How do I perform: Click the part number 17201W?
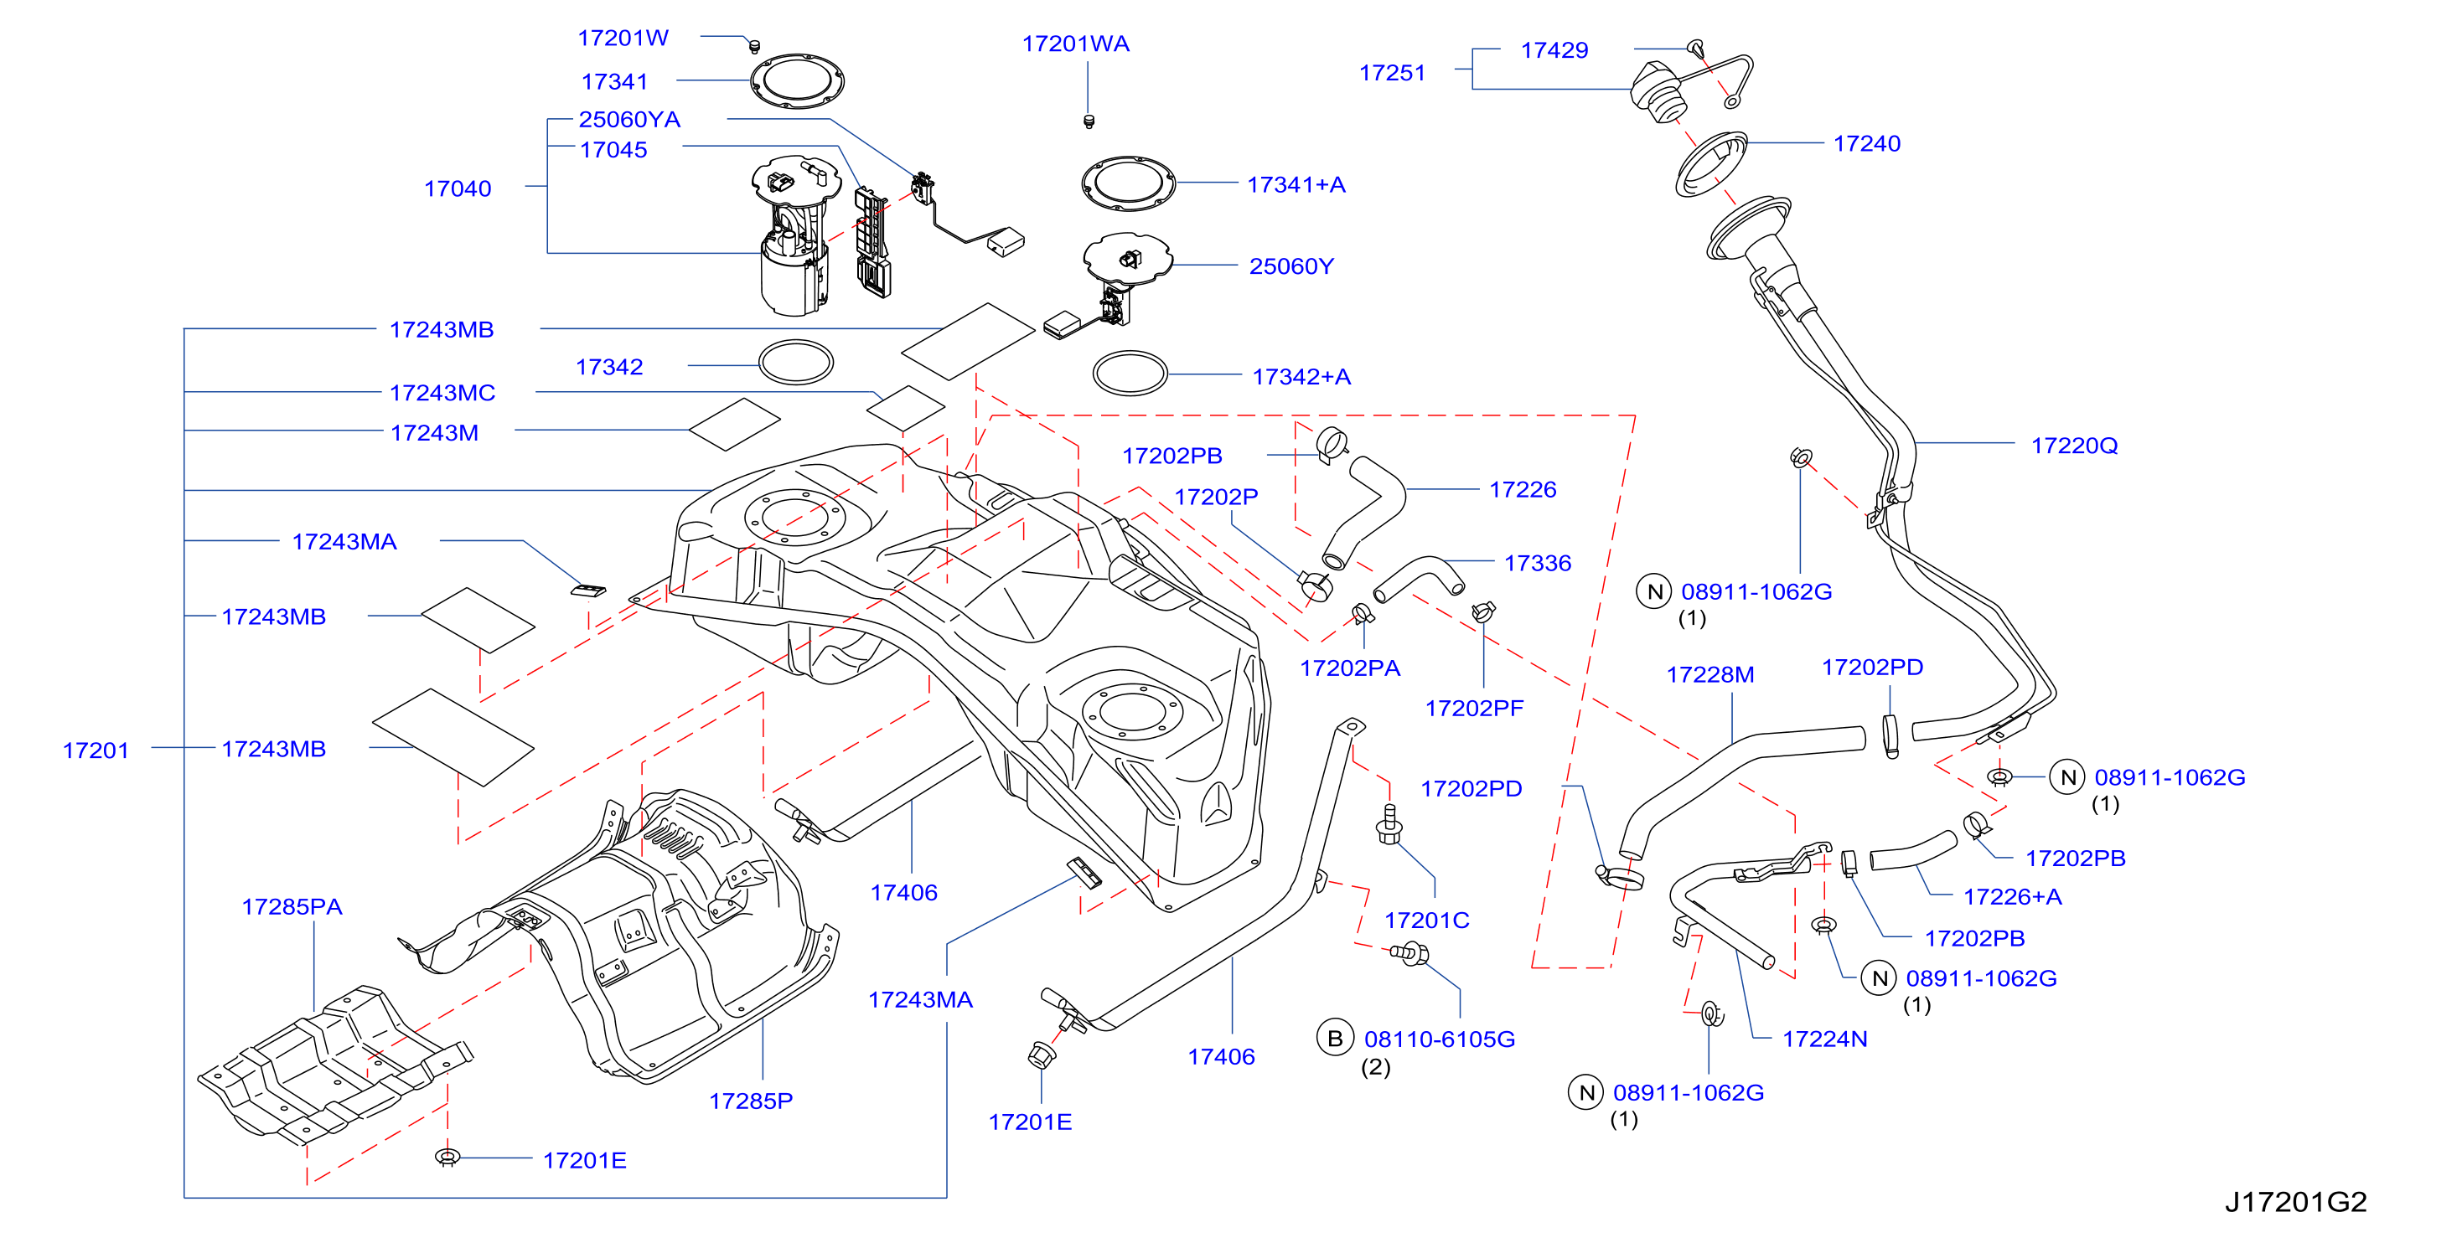tap(623, 39)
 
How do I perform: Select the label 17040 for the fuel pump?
tap(458, 188)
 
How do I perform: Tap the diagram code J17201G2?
tap(2296, 1202)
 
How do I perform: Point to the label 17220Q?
tap(2074, 446)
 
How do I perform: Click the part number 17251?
tap(1393, 73)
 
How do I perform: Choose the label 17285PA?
tap(292, 905)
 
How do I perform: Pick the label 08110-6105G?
tap(1440, 1039)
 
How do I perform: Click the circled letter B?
tap(1335, 1039)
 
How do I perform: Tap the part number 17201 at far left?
tap(96, 750)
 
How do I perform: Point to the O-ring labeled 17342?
tap(796, 363)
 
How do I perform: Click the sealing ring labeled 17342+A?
tap(1130, 374)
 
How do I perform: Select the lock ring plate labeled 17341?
tap(796, 81)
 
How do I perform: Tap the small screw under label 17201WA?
tap(1088, 121)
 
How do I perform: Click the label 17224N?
tap(1824, 1039)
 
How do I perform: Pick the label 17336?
tap(1537, 563)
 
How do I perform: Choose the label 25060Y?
tap(1291, 266)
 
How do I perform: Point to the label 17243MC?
tap(442, 393)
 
